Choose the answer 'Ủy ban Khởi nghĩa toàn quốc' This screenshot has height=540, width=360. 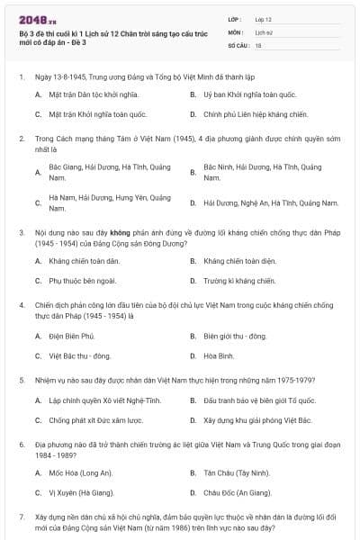point(249,94)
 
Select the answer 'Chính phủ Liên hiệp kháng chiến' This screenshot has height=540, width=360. point(256,114)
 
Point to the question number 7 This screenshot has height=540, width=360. point(21,519)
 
